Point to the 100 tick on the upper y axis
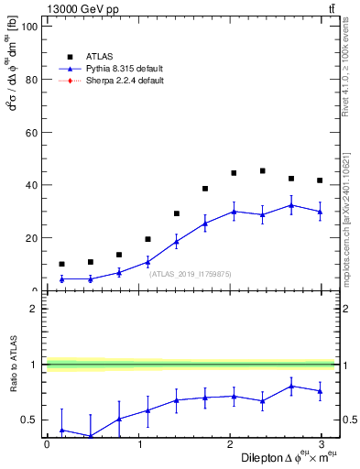[x=27, y=27]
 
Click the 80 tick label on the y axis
[x=29, y=80]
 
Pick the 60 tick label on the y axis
[x=29, y=133]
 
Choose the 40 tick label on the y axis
[x=29, y=185]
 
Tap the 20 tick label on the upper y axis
[x=29, y=238]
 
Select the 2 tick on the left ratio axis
[x=31, y=309]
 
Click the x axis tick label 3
[x=325, y=444]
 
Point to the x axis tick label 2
[x=233, y=444]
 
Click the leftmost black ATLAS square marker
[x=61, y=264]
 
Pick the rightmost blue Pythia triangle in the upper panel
[x=320, y=212]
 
